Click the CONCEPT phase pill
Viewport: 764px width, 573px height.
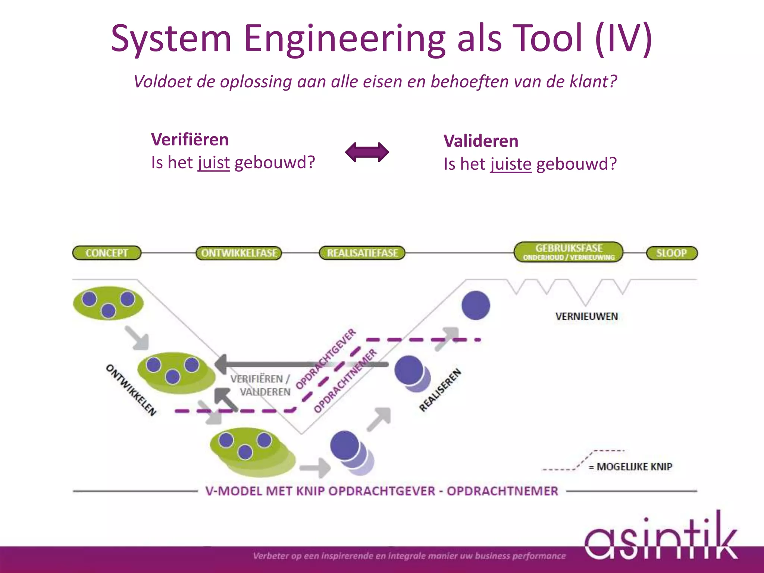point(107,253)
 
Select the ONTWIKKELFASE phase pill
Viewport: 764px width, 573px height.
point(239,253)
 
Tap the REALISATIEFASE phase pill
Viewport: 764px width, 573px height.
point(362,253)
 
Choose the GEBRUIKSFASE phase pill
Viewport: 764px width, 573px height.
point(569,252)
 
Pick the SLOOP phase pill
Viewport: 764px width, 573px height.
point(671,253)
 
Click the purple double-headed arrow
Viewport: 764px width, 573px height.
point(367,152)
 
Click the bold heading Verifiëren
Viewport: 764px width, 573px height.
point(190,140)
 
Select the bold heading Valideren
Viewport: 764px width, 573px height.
point(481,141)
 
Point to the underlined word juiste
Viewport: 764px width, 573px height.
point(511,164)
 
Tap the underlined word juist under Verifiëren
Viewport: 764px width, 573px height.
point(214,163)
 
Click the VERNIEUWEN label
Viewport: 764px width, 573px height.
point(586,316)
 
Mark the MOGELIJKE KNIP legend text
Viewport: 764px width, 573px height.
point(634,466)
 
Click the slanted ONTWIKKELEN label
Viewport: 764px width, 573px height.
point(131,390)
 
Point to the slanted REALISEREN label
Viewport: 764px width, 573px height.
point(440,390)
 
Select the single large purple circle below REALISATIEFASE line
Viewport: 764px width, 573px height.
point(476,306)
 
